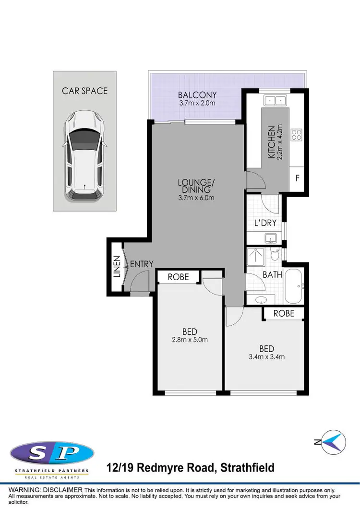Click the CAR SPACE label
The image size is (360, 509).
(x=85, y=91)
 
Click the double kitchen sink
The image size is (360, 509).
(x=275, y=100)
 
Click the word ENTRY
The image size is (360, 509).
(x=142, y=264)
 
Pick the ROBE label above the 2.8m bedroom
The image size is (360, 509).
(x=178, y=277)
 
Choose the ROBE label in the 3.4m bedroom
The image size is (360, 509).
(x=284, y=313)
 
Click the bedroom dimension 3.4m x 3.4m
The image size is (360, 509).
(x=266, y=356)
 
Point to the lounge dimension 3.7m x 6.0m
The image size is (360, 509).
(x=195, y=197)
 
